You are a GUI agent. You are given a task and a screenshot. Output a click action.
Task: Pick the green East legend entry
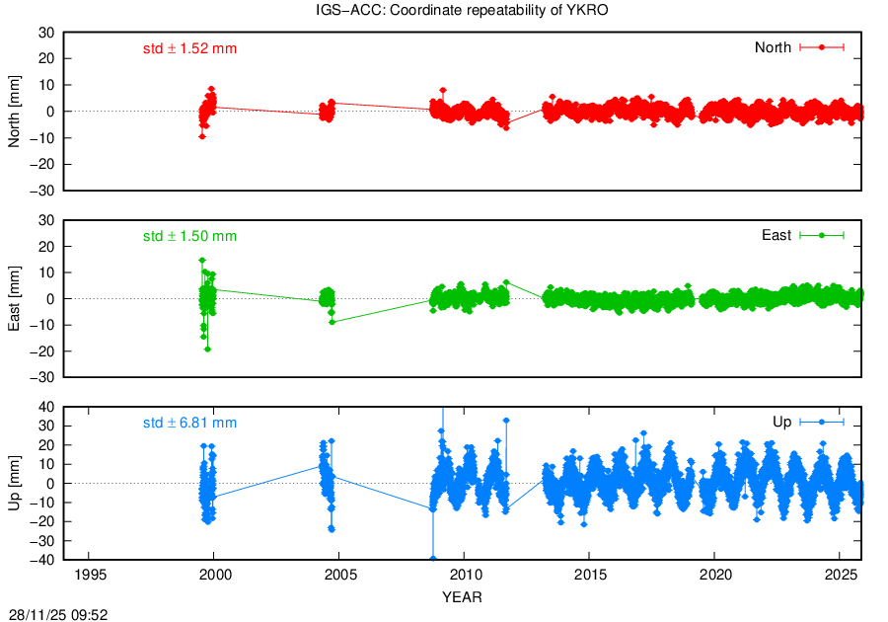point(803,235)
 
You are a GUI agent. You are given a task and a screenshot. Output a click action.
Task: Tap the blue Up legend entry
point(808,423)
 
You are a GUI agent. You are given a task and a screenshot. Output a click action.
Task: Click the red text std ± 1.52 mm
point(189,48)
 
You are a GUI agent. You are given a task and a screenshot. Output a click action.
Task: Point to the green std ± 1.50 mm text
point(189,236)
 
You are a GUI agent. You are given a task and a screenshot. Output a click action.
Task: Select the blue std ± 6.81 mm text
point(189,424)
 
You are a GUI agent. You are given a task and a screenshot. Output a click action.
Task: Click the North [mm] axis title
point(15,111)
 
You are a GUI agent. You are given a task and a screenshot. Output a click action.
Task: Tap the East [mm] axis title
point(15,298)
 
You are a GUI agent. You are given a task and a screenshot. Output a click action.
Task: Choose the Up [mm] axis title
point(15,484)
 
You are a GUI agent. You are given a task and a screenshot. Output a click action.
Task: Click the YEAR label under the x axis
point(462,597)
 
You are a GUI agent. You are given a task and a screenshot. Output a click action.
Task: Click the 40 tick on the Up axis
point(46,407)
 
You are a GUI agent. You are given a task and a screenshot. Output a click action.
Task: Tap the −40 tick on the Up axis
point(42,561)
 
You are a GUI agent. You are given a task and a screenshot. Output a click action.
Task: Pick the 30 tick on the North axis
point(46,33)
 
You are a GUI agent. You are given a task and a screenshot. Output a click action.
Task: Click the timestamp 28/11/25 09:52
point(59,614)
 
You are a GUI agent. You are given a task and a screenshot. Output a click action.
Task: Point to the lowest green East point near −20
point(207,350)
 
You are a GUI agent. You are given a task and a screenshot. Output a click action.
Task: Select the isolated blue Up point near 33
point(506,421)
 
